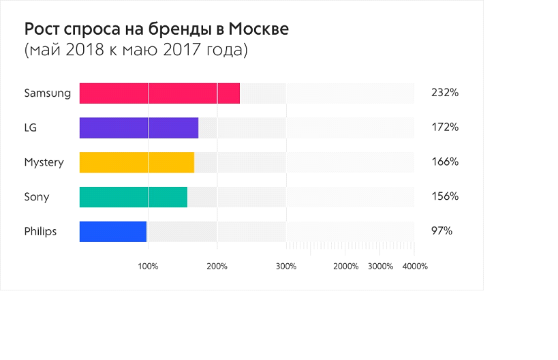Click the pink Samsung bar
(159, 93)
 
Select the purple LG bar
(139, 128)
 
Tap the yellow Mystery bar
(137, 162)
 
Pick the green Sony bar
(134, 197)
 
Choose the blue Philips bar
(113, 232)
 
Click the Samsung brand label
(48, 93)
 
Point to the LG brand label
(31, 127)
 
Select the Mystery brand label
(44, 162)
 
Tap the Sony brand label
(37, 197)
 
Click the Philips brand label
(40, 232)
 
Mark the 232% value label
(445, 93)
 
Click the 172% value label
(445, 127)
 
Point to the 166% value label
(445, 162)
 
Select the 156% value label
(445, 197)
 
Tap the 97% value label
(441, 232)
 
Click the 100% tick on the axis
(148, 266)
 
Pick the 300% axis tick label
(286, 266)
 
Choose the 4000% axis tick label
(415, 266)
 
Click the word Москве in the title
(258, 30)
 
